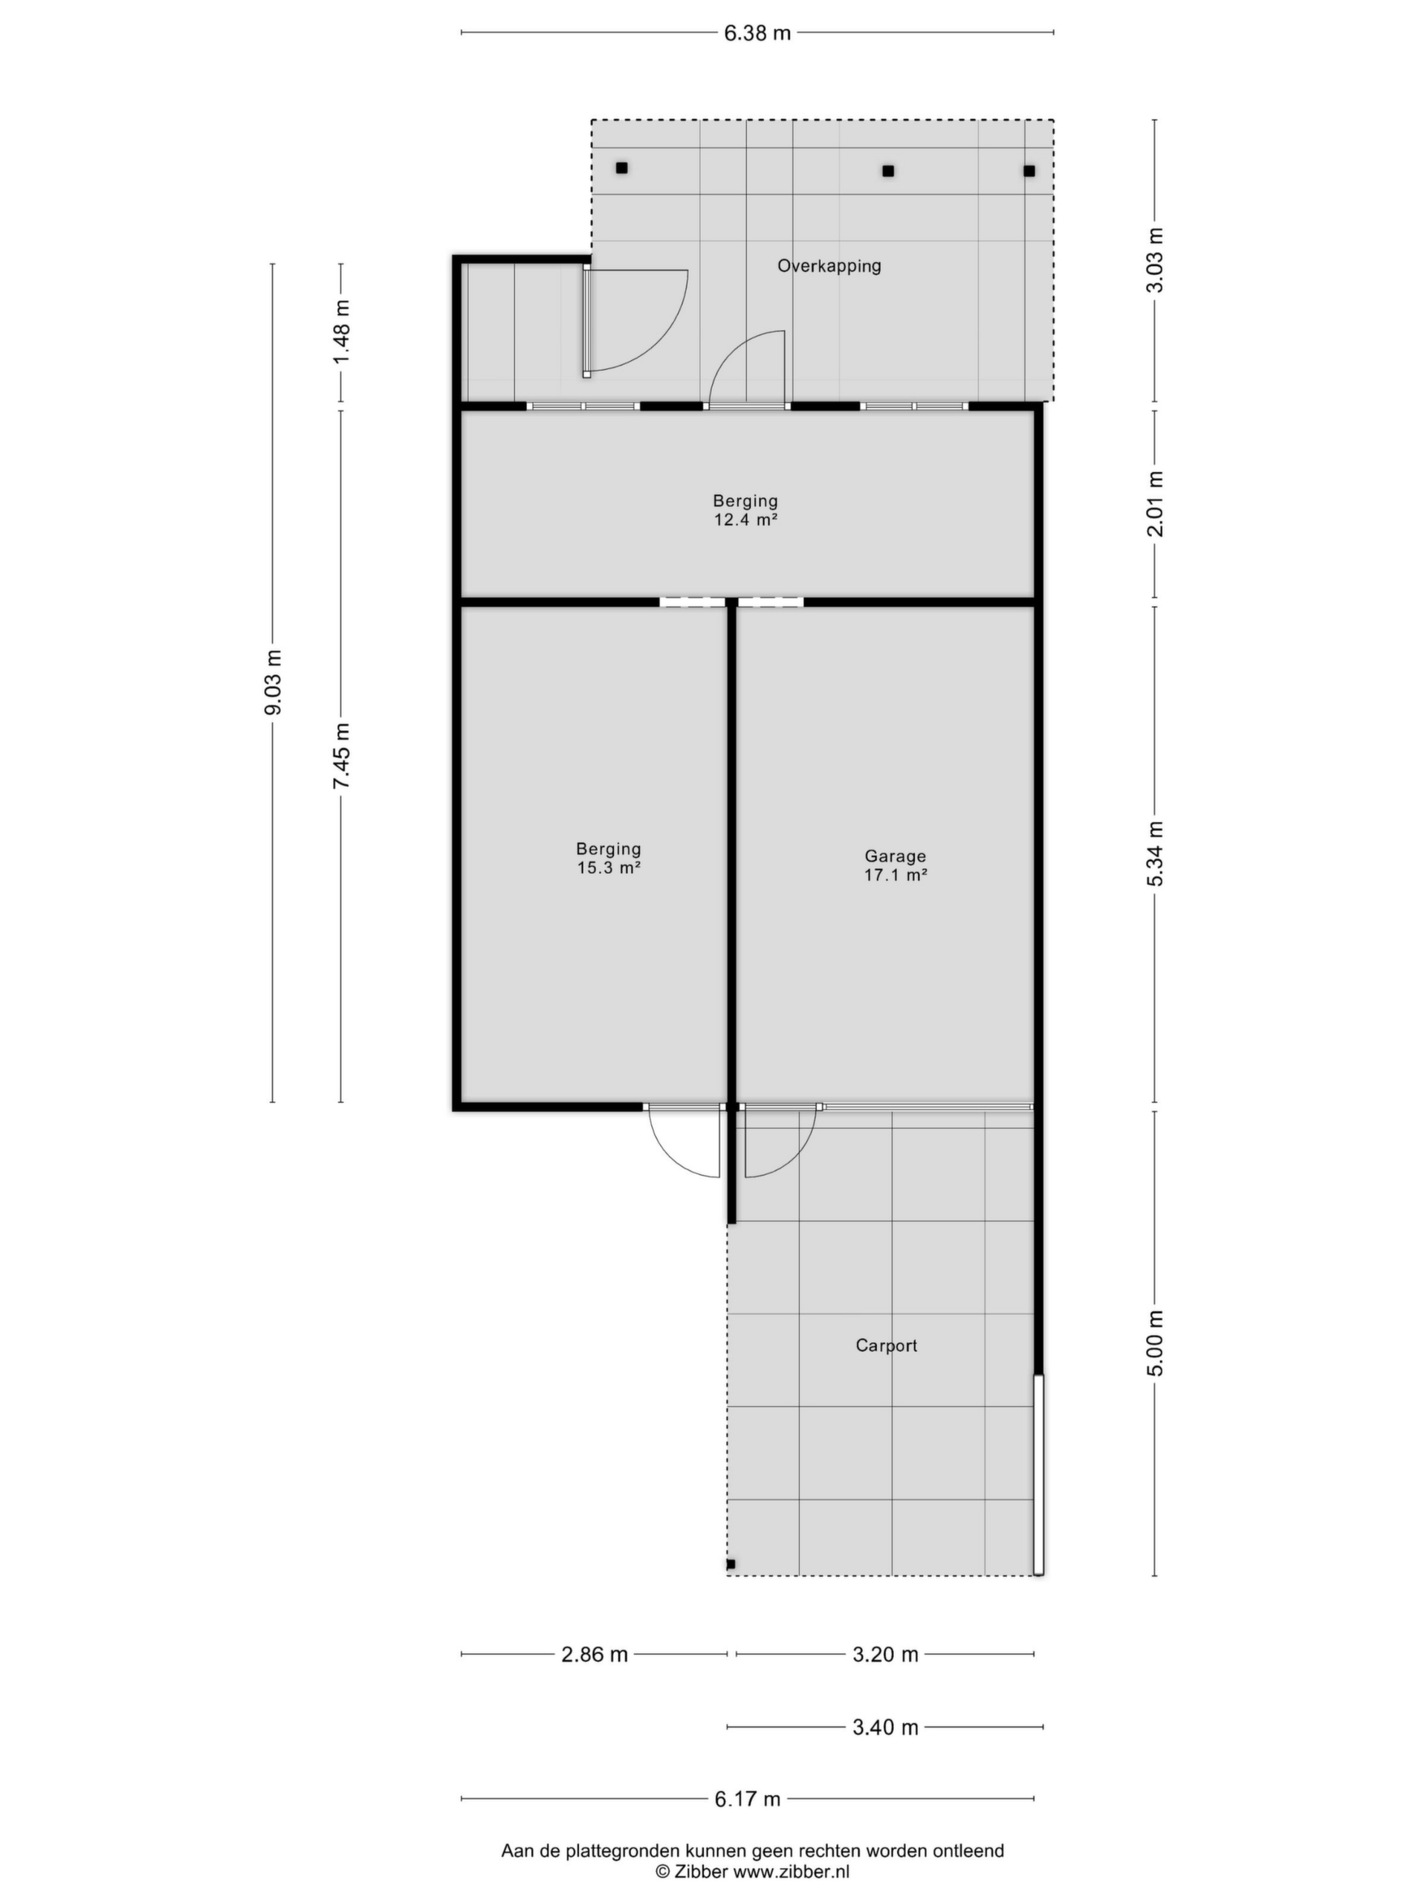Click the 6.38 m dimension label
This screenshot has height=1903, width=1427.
[757, 33]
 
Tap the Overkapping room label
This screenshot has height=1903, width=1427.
[829, 266]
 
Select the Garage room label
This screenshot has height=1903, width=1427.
[896, 856]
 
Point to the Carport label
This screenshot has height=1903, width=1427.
[886, 1345]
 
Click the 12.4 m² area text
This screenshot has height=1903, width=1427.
[745, 520]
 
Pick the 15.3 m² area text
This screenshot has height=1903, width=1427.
[609, 868]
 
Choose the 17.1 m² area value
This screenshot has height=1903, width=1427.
[896, 875]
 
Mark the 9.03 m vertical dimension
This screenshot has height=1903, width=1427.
[273, 682]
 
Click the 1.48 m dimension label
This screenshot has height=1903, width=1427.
[341, 332]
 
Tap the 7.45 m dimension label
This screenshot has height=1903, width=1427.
[341, 756]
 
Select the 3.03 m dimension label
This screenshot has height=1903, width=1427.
[1154, 261]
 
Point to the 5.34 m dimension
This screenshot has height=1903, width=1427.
[1154, 853]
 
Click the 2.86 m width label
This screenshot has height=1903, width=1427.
[595, 1655]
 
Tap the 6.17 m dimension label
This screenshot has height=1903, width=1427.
[748, 1799]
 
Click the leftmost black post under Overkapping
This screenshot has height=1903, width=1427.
[621, 168]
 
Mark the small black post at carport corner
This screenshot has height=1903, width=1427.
[731, 1564]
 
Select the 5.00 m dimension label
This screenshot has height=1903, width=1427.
[1154, 1344]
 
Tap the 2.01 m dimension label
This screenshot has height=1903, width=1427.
[1154, 504]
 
